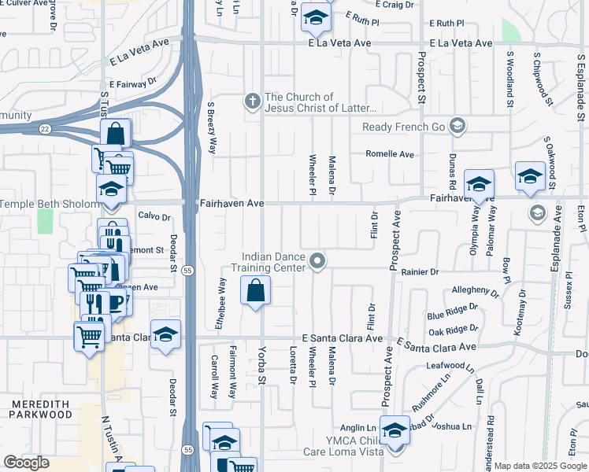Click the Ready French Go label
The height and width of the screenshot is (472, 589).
(404, 127)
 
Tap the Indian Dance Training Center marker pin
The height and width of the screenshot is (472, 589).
(317, 260)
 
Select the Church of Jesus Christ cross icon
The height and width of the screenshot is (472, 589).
(253, 101)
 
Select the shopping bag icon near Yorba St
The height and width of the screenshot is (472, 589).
(256, 292)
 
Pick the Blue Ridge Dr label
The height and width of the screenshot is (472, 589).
(452, 312)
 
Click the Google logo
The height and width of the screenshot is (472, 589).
(25, 462)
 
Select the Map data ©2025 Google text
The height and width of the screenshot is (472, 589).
(540, 466)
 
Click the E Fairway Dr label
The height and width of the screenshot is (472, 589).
(133, 82)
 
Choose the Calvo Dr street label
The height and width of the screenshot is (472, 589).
(154, 216)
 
